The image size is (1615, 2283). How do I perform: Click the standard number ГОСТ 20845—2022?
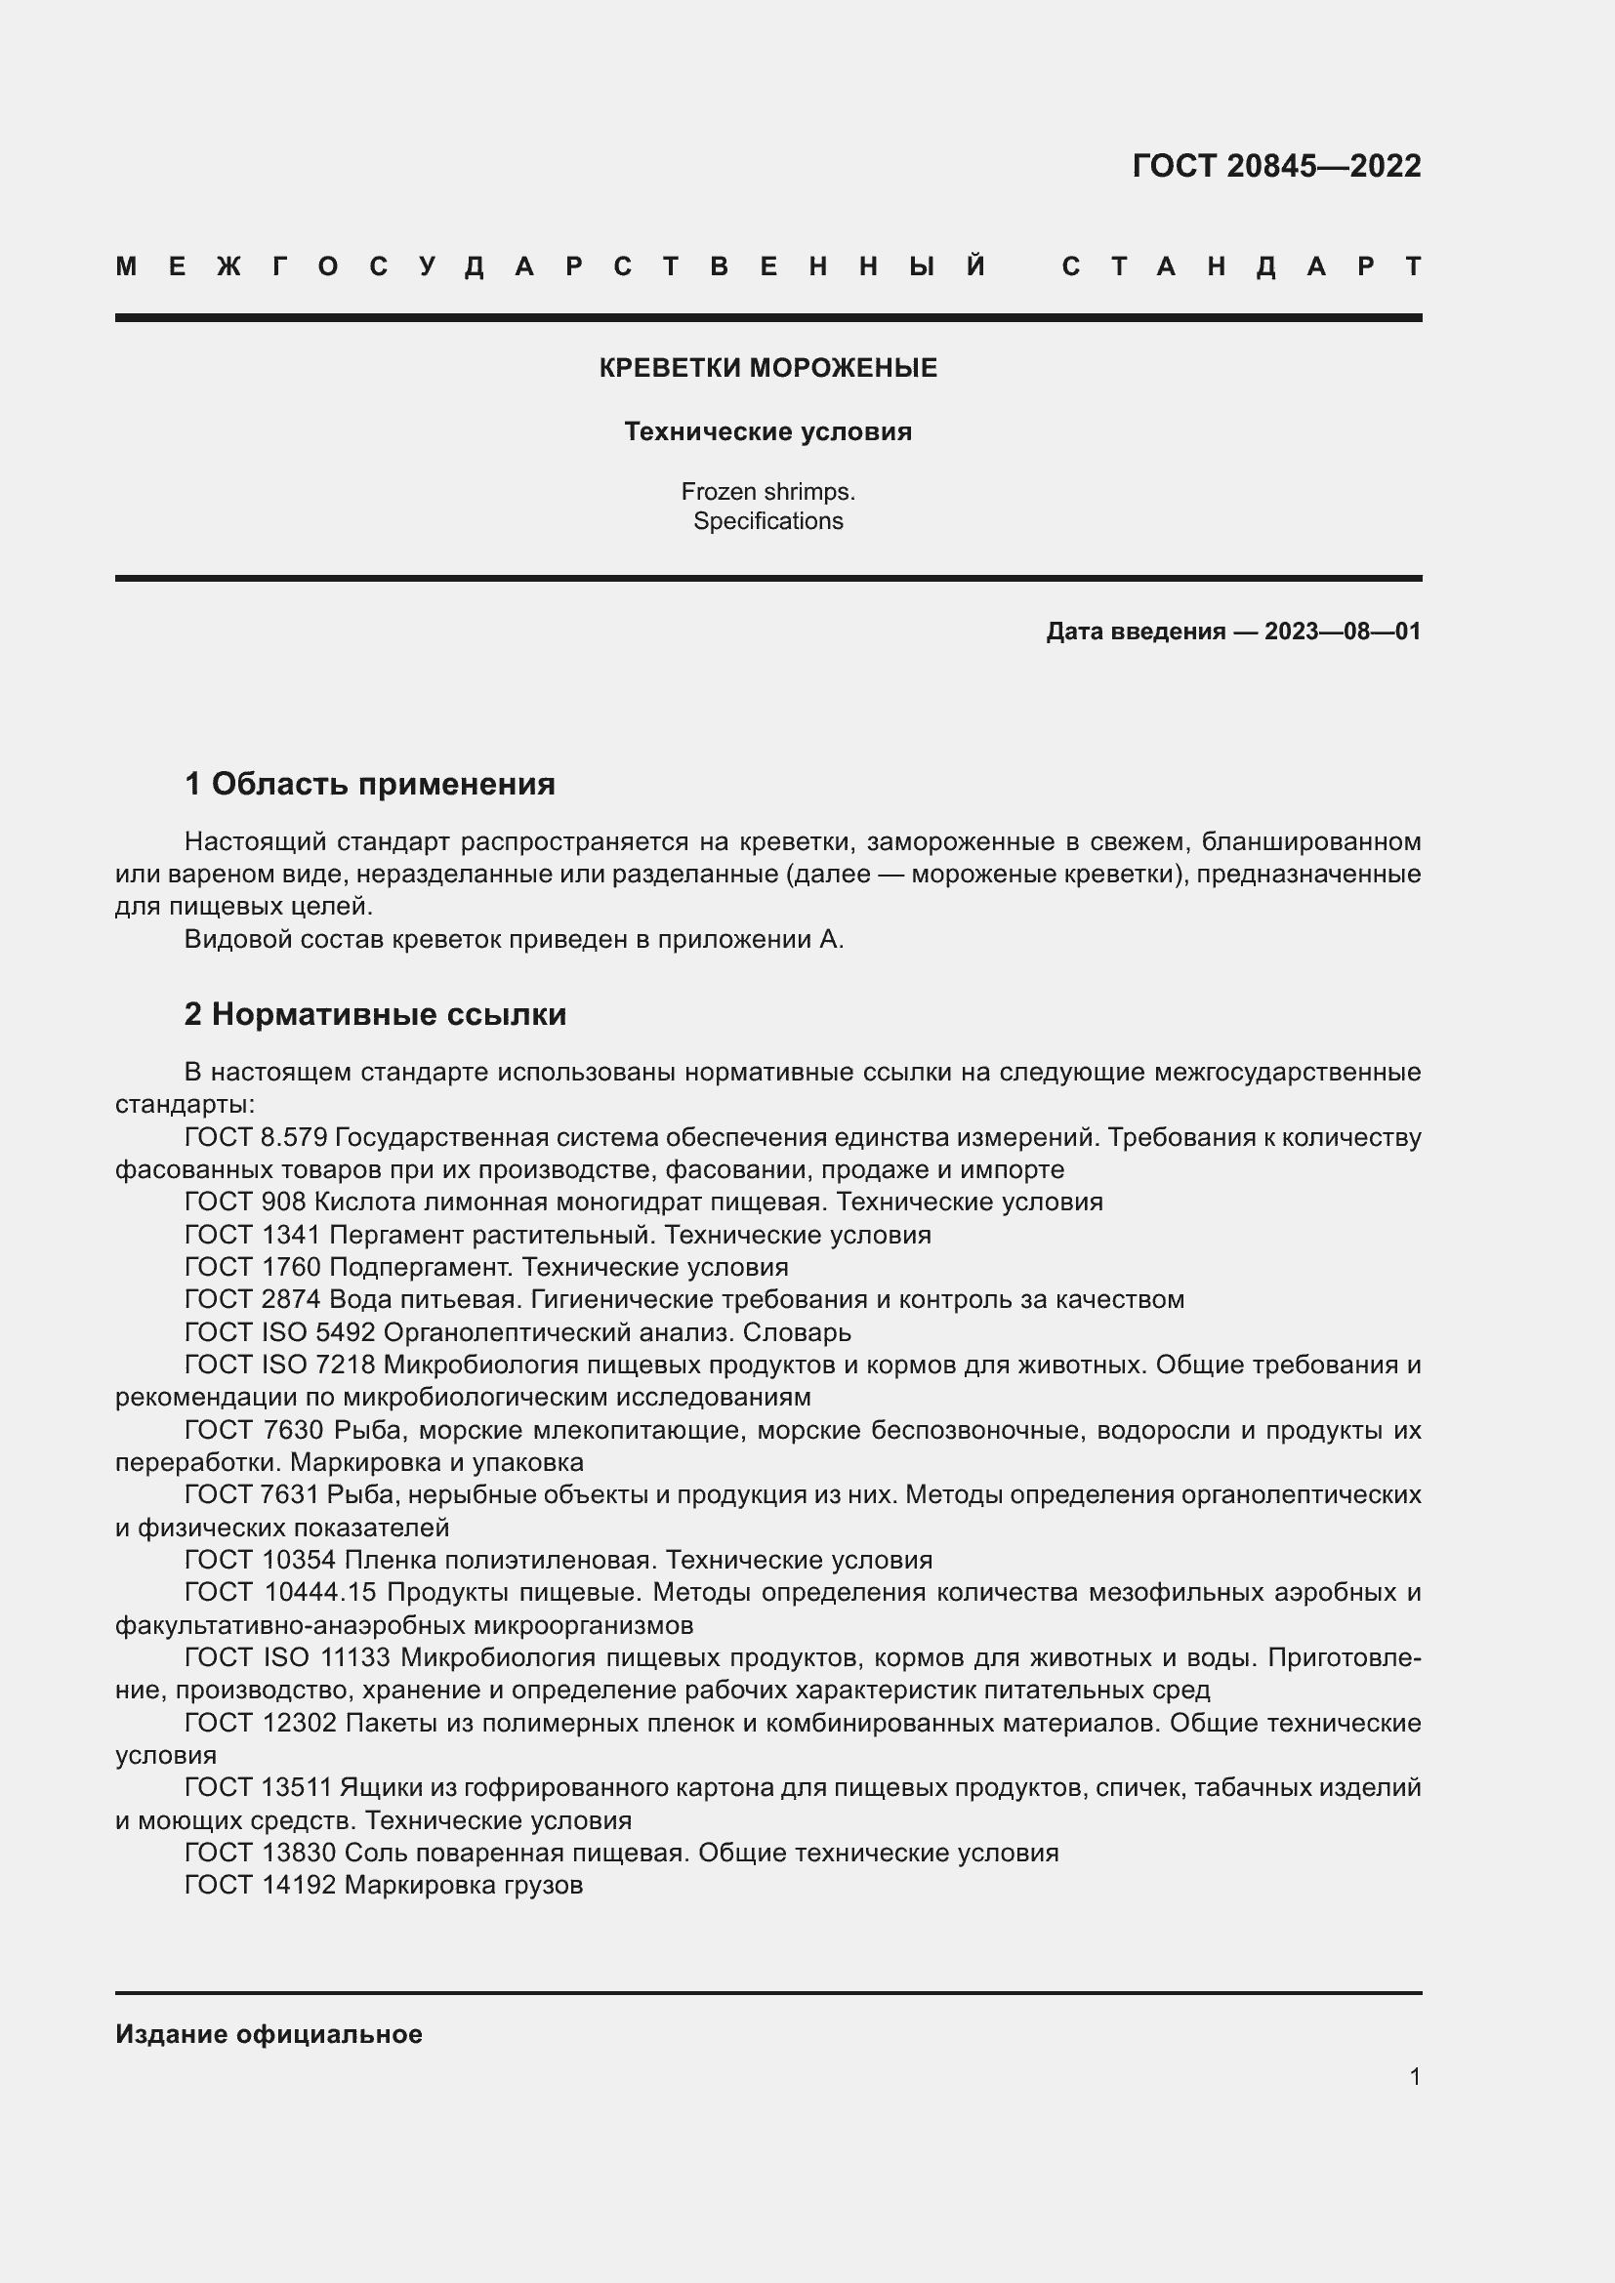point(1276,165)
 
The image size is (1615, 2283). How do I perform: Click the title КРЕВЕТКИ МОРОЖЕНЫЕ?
point(767,368)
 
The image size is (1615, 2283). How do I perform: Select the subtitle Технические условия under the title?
point(767,431)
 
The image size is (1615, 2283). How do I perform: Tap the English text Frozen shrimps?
point(767,491)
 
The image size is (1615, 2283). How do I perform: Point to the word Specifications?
point(767,521)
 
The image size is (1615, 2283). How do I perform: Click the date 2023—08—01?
point(1343,632)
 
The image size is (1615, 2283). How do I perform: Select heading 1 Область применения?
point(370,784)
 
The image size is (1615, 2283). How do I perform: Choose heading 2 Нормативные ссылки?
point(375,1014)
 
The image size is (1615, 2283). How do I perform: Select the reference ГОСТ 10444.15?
point(279,1592)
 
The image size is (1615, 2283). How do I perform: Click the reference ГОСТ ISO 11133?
point(287,1656)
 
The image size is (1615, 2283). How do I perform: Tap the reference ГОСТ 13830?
point(261,1853)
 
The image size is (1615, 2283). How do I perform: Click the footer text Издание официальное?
point(269,2034)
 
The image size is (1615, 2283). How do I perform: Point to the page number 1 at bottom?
point(1414,2076)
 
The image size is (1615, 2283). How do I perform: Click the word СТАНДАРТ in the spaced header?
point(1241,266)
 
